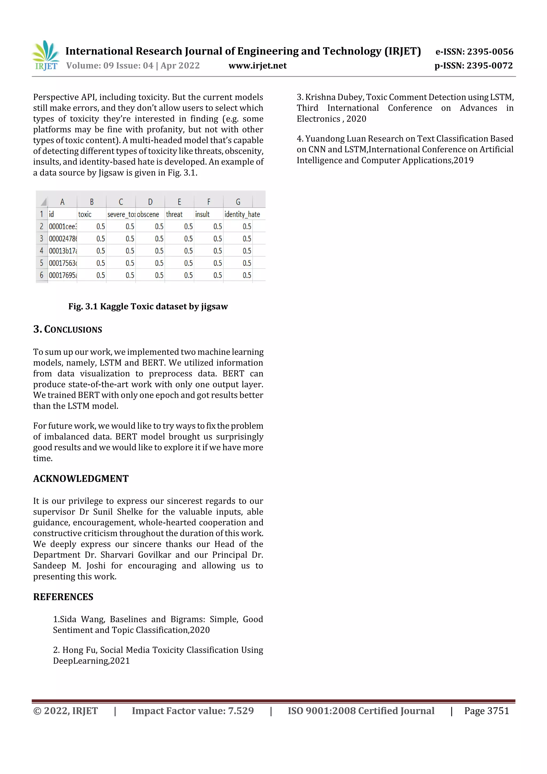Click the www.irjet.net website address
(257, 66)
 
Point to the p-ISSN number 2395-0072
(489, 66)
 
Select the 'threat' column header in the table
(174, 214)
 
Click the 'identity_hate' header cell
(242, 214)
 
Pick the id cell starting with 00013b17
(63, 251)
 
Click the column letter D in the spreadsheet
(150, 202)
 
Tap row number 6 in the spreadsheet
(41, 275)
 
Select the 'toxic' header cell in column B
(85, 214)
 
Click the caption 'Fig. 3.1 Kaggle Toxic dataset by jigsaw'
(148, 306)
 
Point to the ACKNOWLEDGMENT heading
(81, 479)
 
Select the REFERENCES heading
(63, 597)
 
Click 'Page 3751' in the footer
(486, 711)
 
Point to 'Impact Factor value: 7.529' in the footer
(193, 711)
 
